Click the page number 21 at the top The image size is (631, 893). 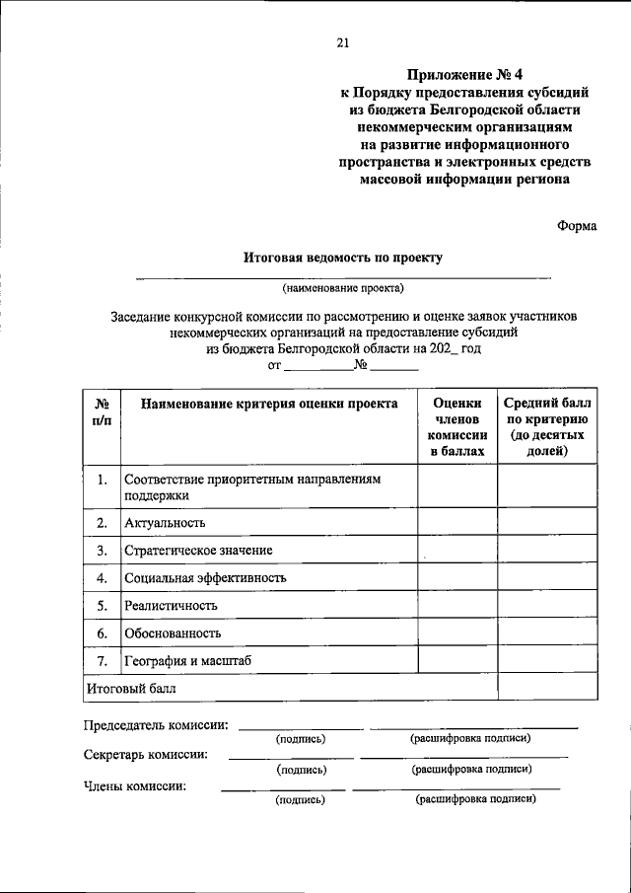point(343,42)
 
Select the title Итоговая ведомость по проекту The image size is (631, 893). point(343,258)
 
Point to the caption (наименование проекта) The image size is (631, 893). point(343,288)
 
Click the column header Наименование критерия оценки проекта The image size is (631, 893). point(269,404)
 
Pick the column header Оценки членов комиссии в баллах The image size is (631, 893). point(457,426)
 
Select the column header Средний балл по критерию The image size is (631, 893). point(547,426)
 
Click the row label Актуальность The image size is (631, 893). point(165,522)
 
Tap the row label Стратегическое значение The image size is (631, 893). point(198,550)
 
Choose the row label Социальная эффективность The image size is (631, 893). point(205,577)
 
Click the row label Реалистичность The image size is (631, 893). point(171,605)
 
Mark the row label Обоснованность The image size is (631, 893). point(173,633)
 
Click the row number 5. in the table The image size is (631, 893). point(102,605)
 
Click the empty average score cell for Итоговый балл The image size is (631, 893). point(547,687)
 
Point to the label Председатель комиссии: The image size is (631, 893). point(156,725)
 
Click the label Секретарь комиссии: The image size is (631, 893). point(145,755)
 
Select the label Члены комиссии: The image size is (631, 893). point(135,786)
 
